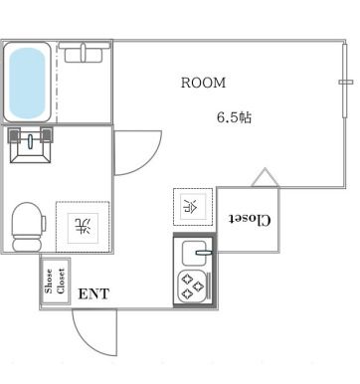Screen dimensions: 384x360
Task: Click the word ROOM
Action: [x=203, y=83]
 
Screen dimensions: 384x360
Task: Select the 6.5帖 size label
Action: [x=235, y=116]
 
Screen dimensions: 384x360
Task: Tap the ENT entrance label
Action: [x=93, y=293]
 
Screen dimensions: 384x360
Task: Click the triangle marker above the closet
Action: [x=264, y=178]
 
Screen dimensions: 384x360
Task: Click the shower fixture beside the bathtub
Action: [x=82, y=54]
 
